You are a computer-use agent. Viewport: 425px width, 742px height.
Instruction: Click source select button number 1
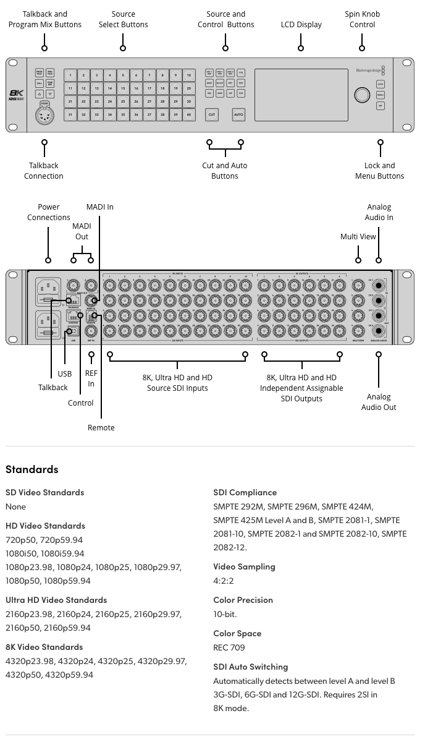point(70,75)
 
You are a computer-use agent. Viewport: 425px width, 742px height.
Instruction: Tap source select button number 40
point(189,114)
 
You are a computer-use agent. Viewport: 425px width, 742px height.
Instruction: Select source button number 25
point(123,101)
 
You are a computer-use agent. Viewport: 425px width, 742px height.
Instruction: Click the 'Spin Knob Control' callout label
point(362,19)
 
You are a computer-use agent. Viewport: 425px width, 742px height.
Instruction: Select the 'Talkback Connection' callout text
point(44,171)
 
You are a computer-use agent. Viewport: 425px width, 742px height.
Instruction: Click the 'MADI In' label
point(100,207)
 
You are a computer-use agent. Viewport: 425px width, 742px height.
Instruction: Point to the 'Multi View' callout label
point(358,237)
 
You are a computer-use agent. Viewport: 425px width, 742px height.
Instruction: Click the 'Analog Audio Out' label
point(379,402)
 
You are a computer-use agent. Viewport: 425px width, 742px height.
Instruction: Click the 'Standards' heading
point(32,469)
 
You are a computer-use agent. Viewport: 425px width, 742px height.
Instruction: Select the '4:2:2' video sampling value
point(223,581)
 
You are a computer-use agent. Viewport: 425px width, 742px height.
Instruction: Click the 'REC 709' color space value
point(229,647)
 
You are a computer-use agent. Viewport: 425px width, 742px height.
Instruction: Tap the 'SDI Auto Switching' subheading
point(250,667)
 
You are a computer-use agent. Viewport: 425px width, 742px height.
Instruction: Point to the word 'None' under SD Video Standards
point(15,506)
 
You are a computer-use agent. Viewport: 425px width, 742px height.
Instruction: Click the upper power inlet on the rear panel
point(48,289)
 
